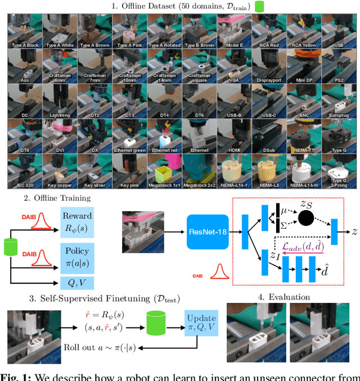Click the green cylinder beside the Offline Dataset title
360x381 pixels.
[x=259, y=7]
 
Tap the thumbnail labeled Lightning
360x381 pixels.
[x=60, y=102]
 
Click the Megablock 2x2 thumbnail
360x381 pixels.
[x=199, y=171]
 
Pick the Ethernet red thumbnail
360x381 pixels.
[x=164, y=137]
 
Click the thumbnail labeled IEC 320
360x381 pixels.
[x=25, y=171]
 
